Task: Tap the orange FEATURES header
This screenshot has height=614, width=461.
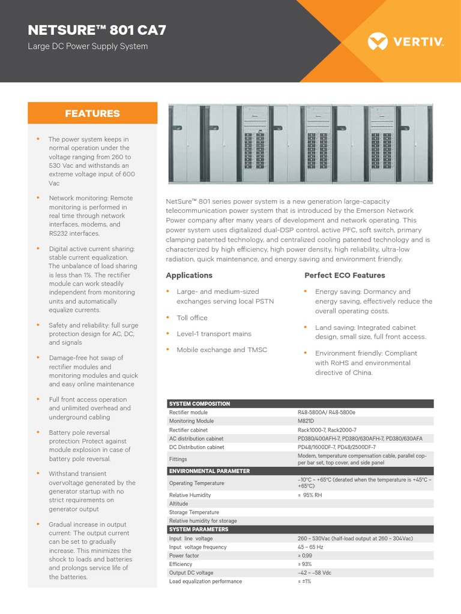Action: pos(92,113)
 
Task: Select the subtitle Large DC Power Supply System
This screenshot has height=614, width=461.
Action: pos(88,47)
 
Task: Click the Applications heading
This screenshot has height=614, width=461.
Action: pos(189,275)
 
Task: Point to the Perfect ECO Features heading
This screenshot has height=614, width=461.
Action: pos(345,275)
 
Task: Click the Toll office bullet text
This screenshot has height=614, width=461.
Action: pos(191,318)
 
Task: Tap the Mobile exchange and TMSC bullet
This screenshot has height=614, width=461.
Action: pos(221,350)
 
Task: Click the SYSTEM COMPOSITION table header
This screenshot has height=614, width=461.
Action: pos(199,404)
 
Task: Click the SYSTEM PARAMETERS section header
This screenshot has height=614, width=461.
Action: pos(199,529)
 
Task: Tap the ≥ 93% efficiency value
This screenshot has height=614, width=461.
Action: pos(306,564)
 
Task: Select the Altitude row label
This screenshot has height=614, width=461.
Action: pos(179,504)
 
